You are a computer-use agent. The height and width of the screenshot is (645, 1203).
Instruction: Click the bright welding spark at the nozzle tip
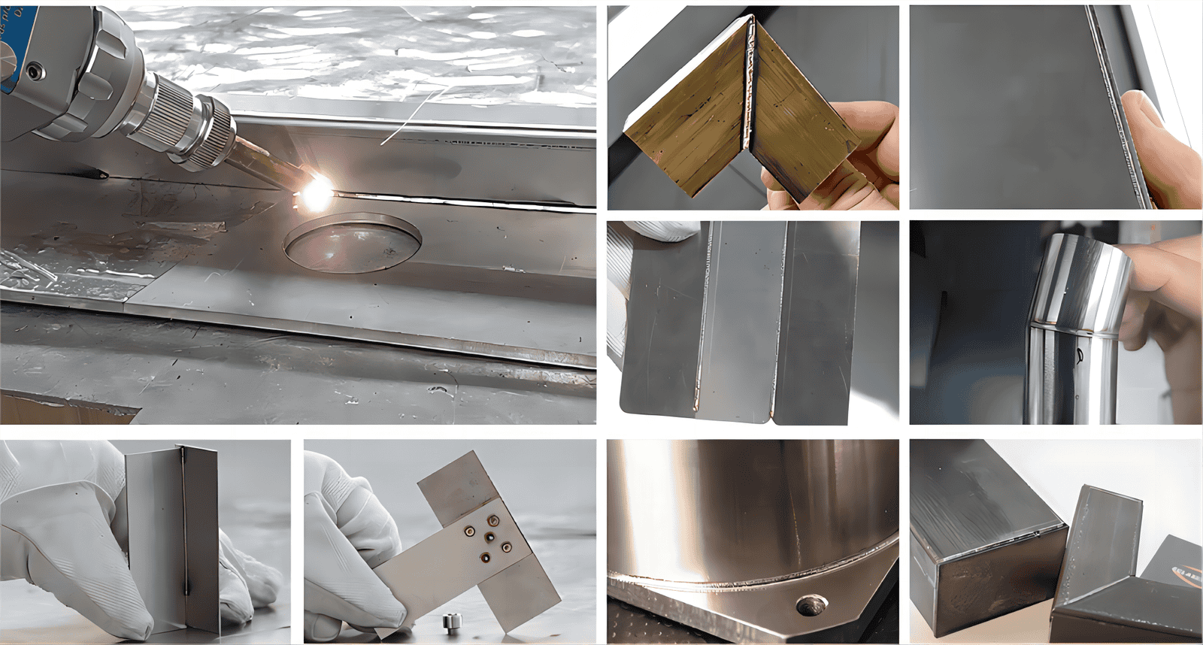[x=317, y=188]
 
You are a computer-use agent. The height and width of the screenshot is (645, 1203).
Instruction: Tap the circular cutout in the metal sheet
[x=352, y=242]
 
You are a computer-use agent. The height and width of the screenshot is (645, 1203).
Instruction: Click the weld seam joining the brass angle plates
[x=748, y=90]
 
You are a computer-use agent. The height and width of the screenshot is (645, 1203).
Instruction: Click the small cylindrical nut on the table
[x=450, y=622]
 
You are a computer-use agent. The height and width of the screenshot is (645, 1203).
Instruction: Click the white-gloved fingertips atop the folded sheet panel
[x=662, y=230]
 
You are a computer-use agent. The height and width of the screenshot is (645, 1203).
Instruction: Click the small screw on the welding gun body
[x=31, y=72]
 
